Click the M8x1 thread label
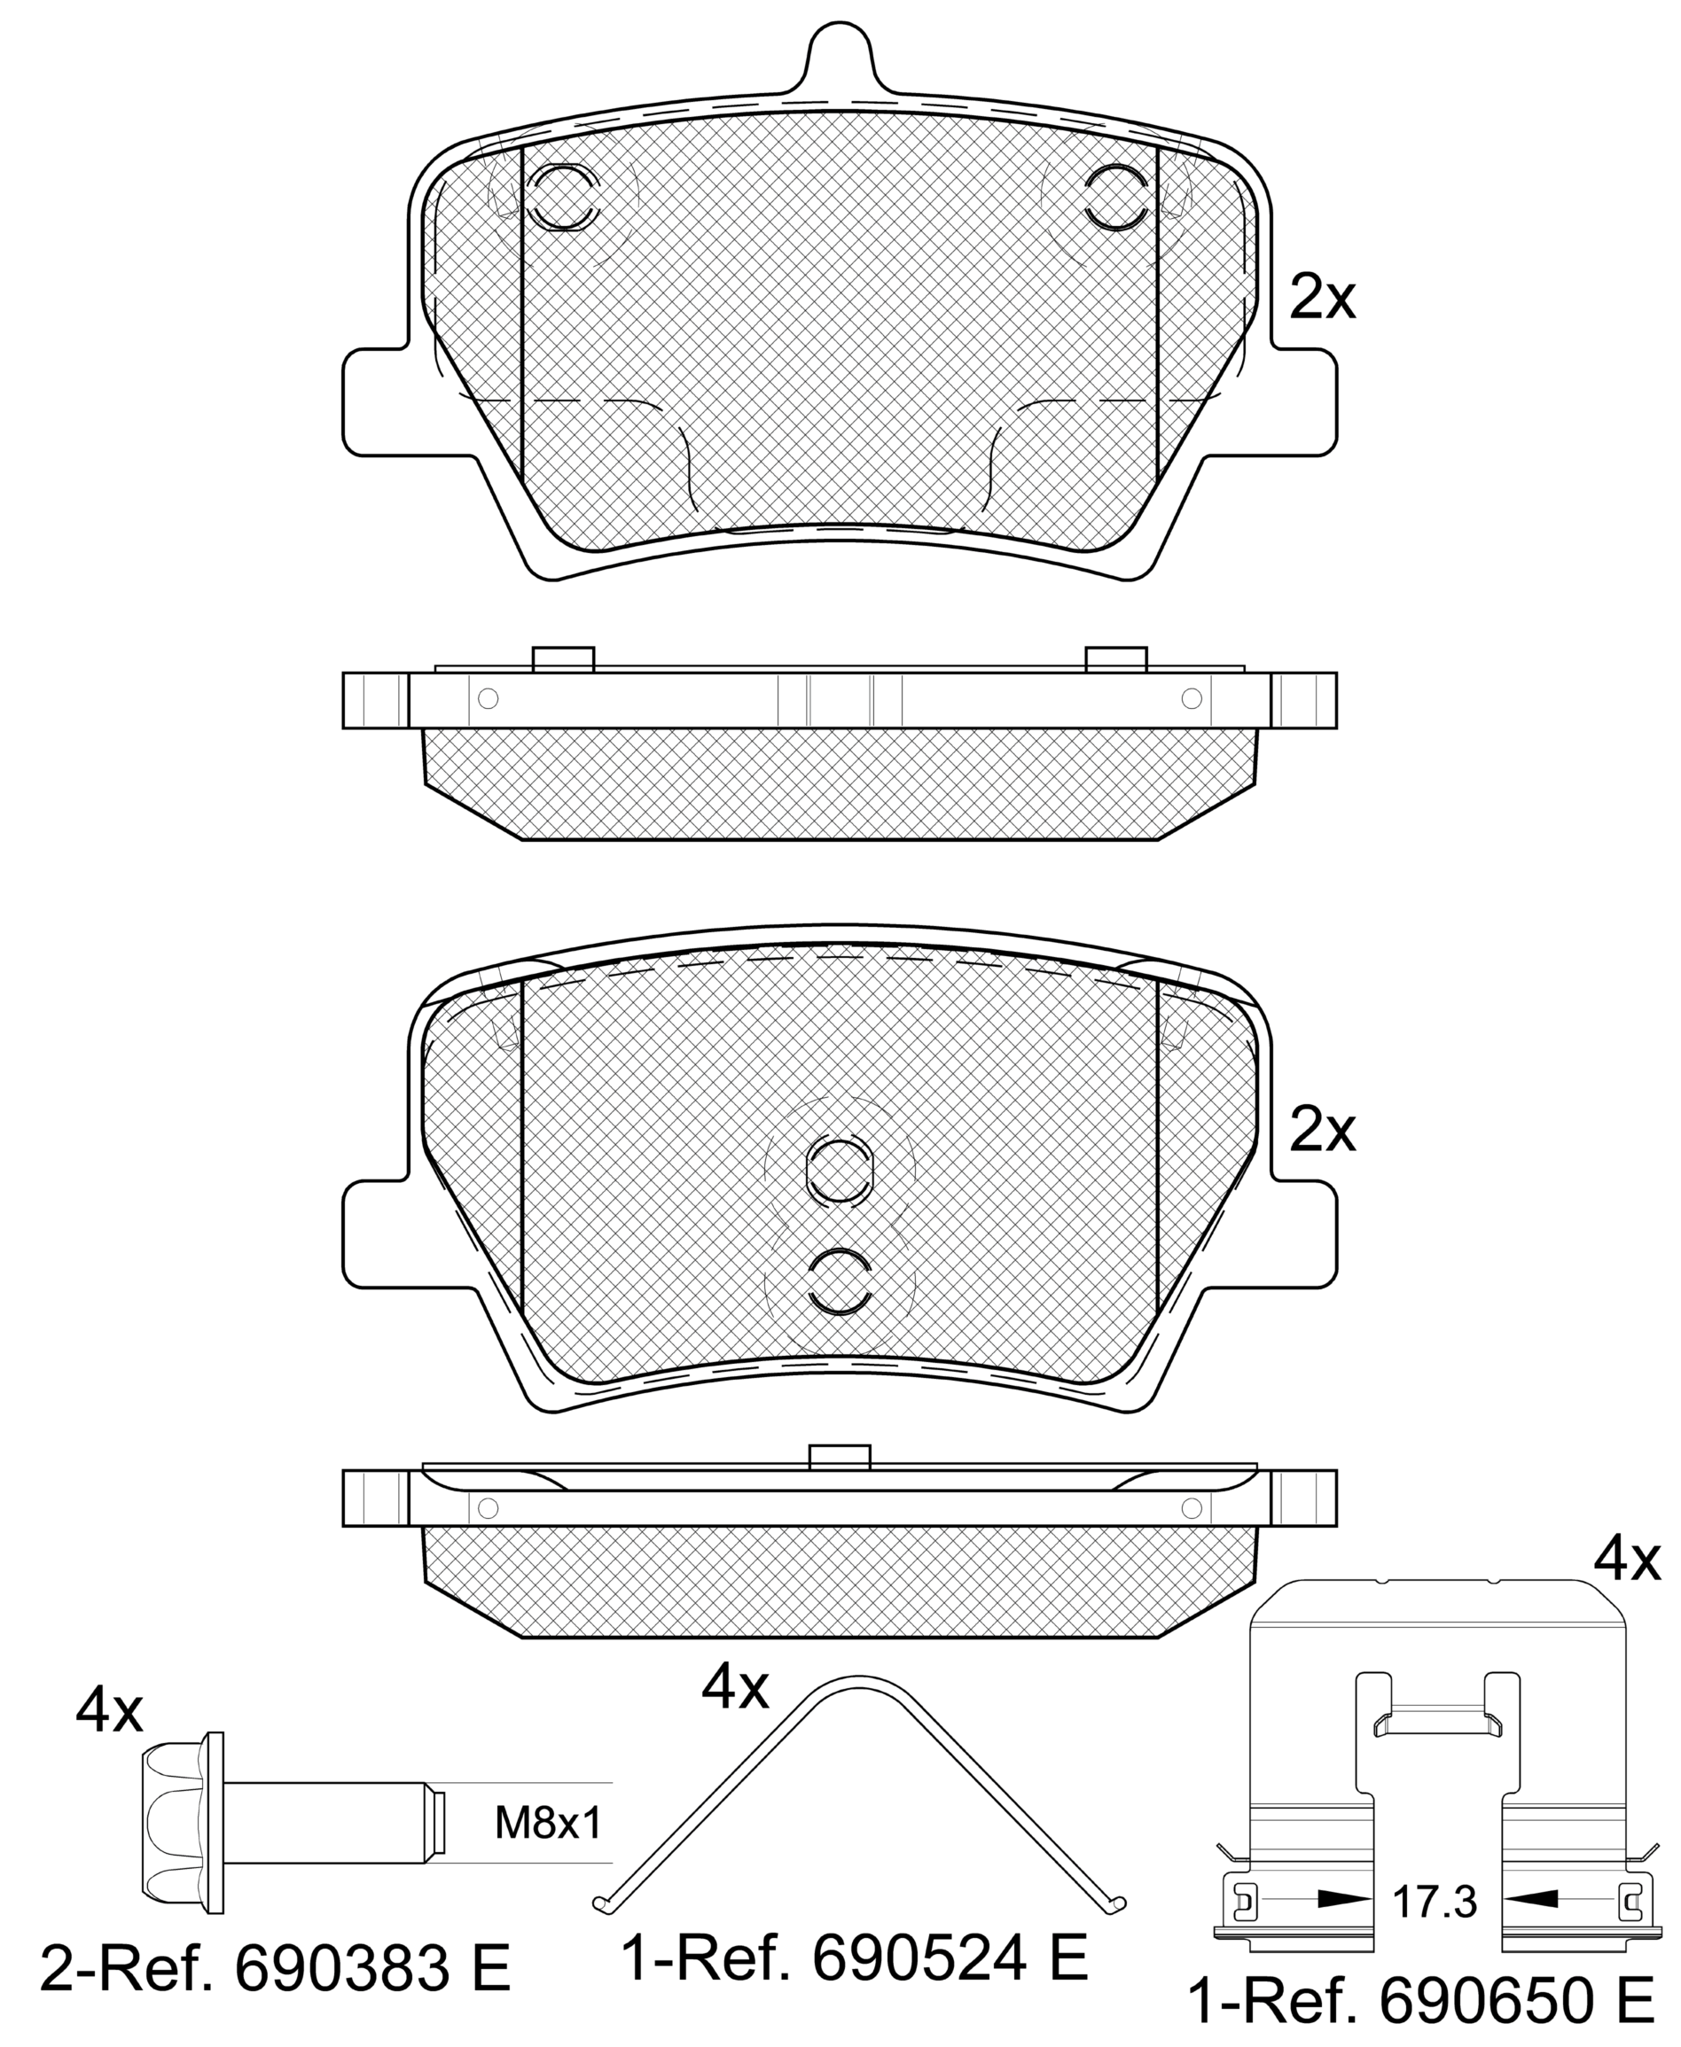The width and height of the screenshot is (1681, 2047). point(549,1825)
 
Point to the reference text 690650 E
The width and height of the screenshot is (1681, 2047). point(1517,2003)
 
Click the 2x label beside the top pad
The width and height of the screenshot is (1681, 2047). point(1323,298)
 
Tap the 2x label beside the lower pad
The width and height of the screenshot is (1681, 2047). point(1323,1130)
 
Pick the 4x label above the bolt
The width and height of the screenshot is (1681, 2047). point(109,1711)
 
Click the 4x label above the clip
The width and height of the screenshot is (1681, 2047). point(1628,1561)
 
